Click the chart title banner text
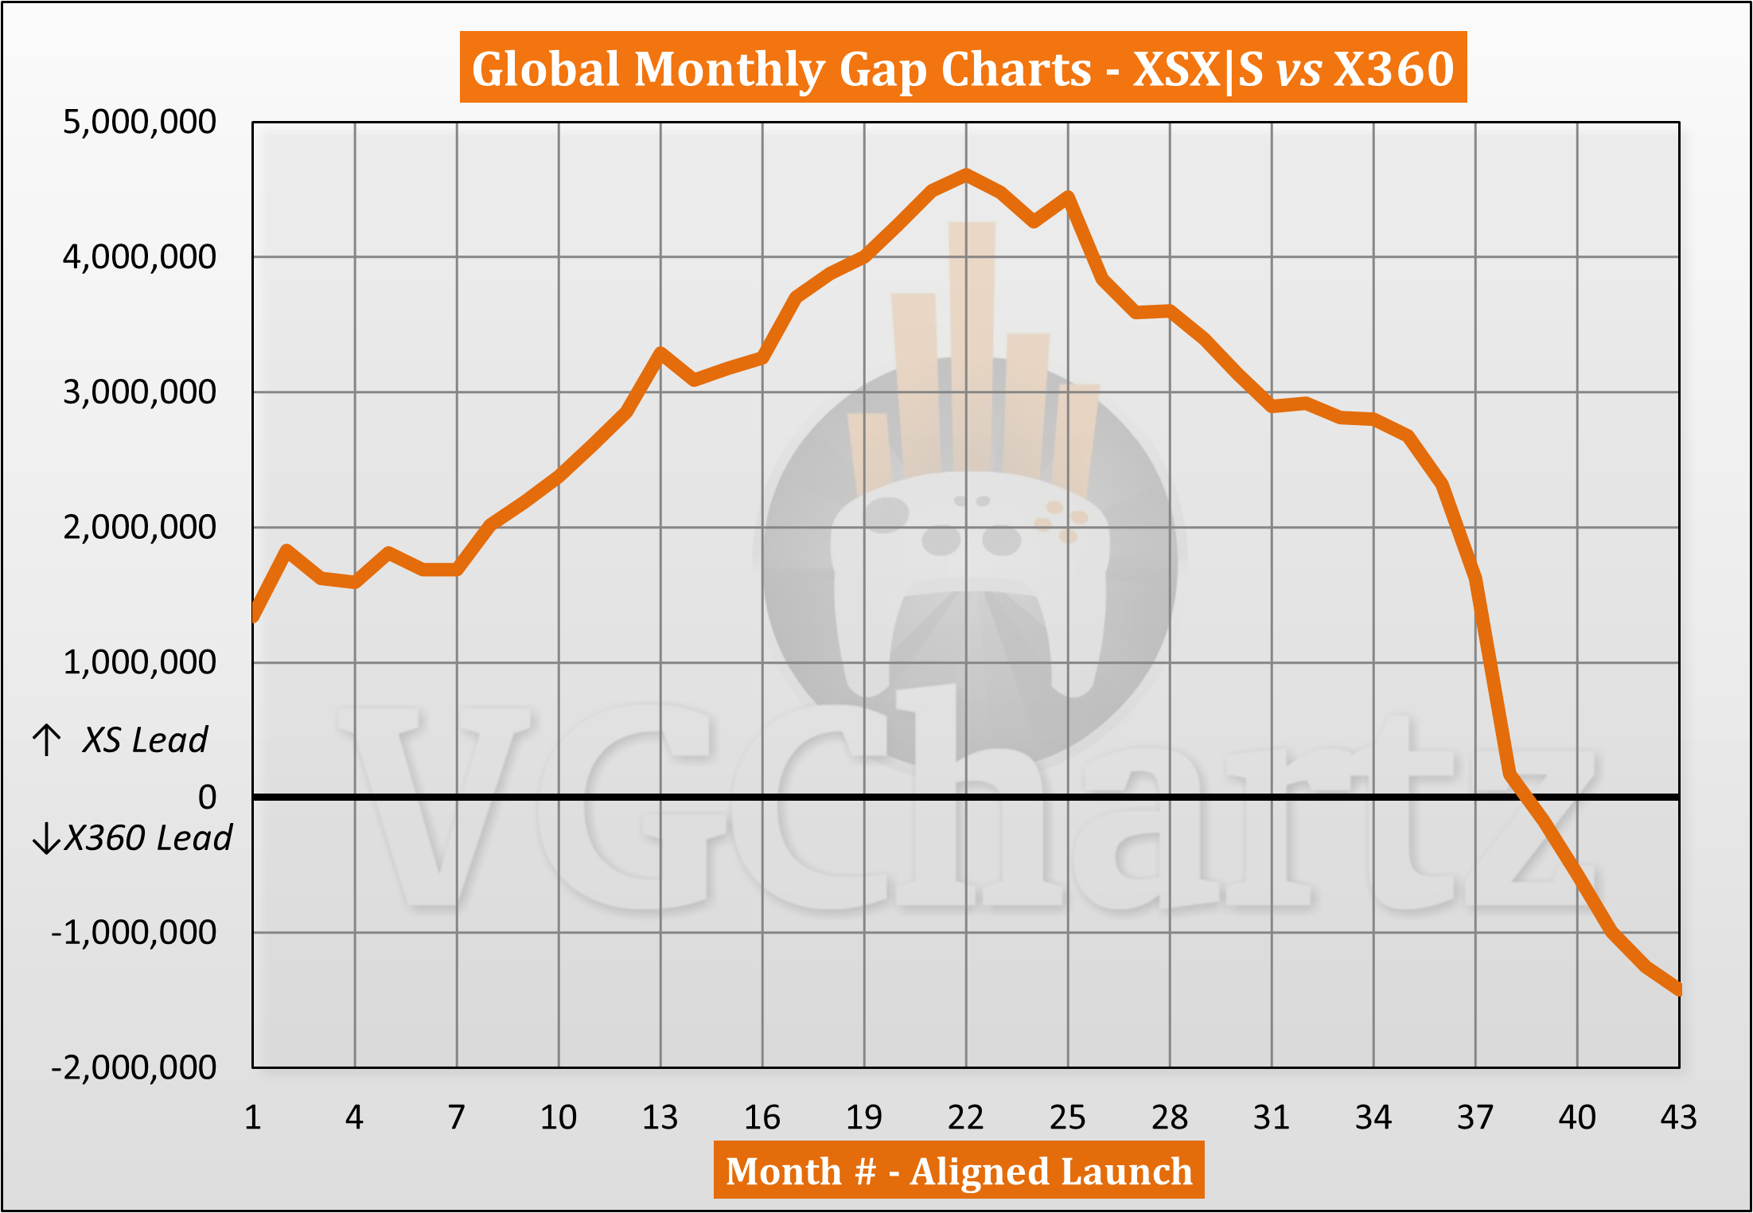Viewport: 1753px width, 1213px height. click(963, 68)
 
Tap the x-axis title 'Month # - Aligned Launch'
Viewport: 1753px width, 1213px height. click(959, 1171)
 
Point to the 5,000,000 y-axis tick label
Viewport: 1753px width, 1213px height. click(139, 122)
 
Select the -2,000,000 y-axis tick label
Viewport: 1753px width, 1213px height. click(134, 1067)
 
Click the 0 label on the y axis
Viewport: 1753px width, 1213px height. click(207, 797)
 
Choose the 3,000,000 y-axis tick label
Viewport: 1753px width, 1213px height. click(139, 392)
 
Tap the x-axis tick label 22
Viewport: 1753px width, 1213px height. click(965, 1117)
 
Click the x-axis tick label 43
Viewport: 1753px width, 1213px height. click(1678, 1117)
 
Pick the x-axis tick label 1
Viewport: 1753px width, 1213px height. click(253, 1117)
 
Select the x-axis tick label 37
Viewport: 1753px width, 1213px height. click(1475, 1117)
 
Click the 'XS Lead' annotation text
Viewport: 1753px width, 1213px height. click(145, 740)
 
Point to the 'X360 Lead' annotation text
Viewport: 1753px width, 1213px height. click(148, 838)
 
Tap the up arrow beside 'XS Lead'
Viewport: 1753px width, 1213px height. click(47, 739)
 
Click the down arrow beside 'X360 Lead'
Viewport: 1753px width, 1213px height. click(46, 838)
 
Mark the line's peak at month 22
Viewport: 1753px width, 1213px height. click(966, 174)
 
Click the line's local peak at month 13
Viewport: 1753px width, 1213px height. click(660, 353)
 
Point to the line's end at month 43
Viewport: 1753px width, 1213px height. click(1677, 989)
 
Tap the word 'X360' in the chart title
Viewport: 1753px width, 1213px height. click(1394, 68)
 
